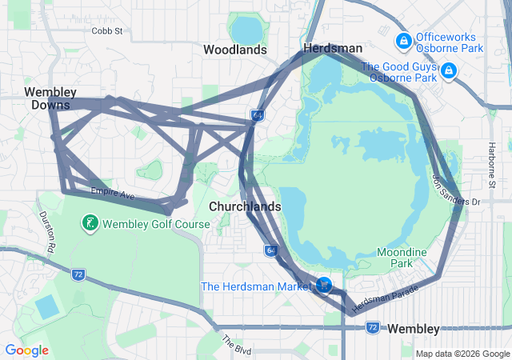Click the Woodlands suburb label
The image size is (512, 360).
234,50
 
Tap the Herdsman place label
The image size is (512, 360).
332,49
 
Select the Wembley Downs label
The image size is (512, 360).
50,98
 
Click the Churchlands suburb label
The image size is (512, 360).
245,206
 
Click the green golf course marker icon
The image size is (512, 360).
92,224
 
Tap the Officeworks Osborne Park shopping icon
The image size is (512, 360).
403,39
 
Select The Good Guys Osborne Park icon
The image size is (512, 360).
449,72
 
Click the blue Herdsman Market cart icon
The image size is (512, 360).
324,285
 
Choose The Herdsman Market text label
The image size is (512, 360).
256,286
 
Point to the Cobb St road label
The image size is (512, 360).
107,31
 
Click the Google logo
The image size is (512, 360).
27,350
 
